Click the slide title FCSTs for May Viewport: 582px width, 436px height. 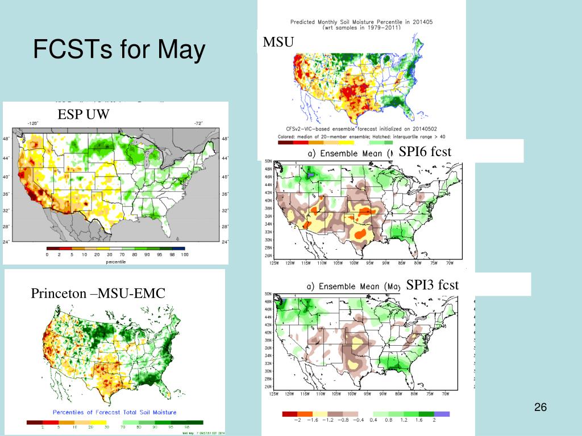click(119, 51)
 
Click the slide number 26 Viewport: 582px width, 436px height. click(540, 408)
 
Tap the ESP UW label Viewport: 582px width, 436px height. click(82, 115)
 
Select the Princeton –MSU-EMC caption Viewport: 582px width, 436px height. click(98, 294)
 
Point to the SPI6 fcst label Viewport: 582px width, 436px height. click(425, 152)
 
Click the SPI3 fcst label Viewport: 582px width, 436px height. click(432, 284)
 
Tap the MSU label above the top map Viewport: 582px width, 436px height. click(276, 42)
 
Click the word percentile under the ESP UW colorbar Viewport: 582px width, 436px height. click(115, 262)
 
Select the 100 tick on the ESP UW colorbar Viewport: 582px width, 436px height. click(184, 255)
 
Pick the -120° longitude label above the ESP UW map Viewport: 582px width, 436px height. click(32, 123)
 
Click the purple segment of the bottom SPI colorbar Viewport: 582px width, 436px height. click(442, 413)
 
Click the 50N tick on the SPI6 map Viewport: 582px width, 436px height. click(269, 162)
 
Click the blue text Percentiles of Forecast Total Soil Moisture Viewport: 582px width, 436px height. click(114, 412)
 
